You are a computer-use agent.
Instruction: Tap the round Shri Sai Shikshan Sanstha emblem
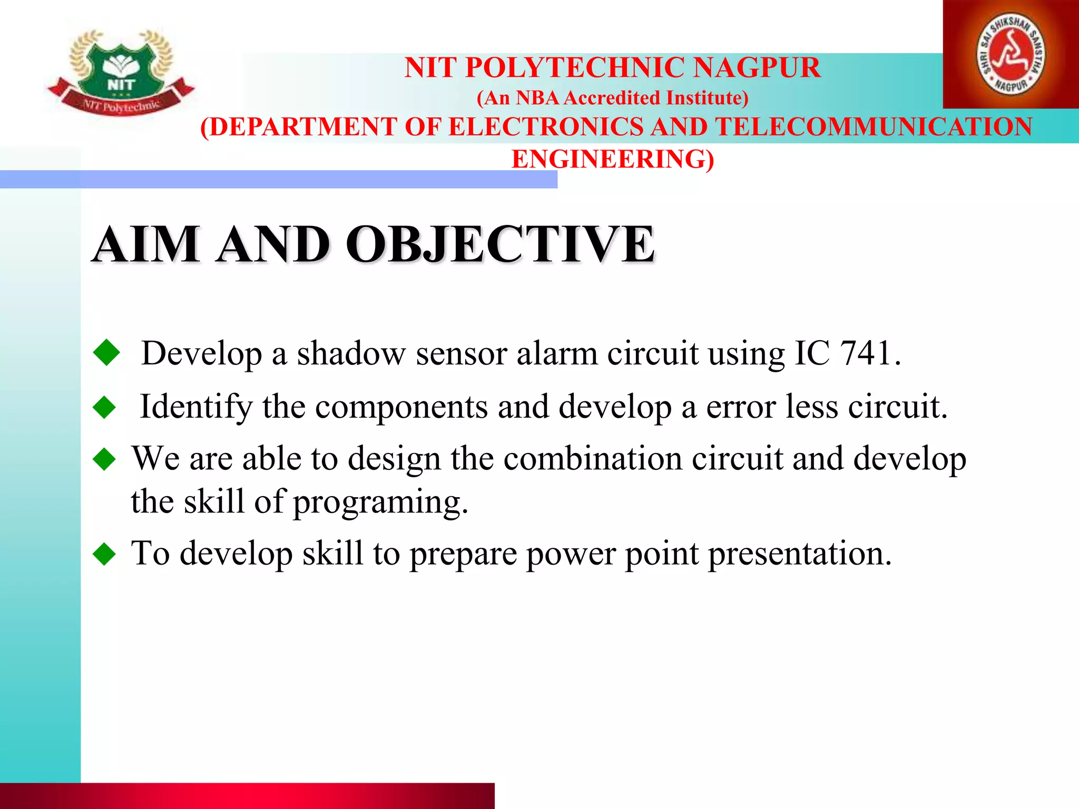(x=1011, y=55)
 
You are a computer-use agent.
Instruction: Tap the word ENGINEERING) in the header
(x=613, y=159)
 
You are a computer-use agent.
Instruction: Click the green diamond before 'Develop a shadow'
(x=107, y=352)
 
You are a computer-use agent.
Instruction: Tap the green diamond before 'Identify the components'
(x=104, y=408)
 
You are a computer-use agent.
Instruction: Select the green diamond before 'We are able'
(x=104, y=459)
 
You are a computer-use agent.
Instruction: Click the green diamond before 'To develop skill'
(x=104, y=554)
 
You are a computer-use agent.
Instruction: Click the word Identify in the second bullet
(x=196, y=408)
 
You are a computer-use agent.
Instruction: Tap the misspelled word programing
(x=380, y=502)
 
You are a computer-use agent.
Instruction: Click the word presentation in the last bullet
(x=799, y=554)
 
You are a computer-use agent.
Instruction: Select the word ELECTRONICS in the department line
(x=546, y=127)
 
